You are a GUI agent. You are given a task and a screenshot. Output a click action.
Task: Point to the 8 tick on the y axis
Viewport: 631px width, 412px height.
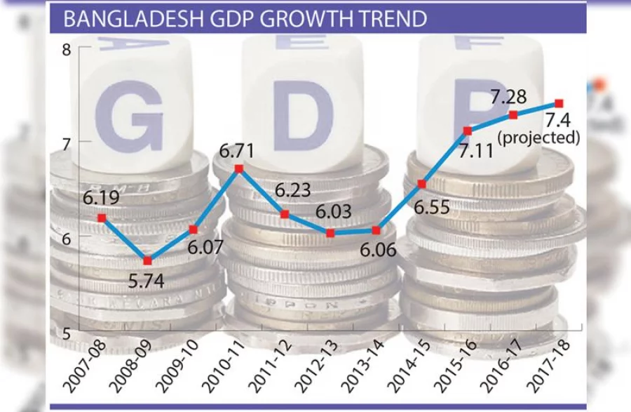pyautogui.click(x=66, y=50)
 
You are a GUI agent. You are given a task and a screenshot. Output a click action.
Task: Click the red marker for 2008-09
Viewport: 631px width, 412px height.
pyautogui.click(x=147, y=261)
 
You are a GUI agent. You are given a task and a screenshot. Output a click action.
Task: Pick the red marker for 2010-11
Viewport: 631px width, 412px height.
pyautogui.click(x=239, y=168)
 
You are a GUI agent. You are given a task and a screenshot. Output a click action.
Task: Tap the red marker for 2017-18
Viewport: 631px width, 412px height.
pyautogui.click(x=559, y=103)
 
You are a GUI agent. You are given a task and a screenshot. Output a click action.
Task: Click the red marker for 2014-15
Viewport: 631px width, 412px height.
pyautogui.click(x=422, y=184)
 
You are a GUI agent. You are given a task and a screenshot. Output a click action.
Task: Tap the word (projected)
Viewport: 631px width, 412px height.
pyautogui.click(x=538, y=138)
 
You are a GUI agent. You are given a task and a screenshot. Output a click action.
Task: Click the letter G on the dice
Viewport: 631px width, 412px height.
pyautogui.click(x=129, y=116)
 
